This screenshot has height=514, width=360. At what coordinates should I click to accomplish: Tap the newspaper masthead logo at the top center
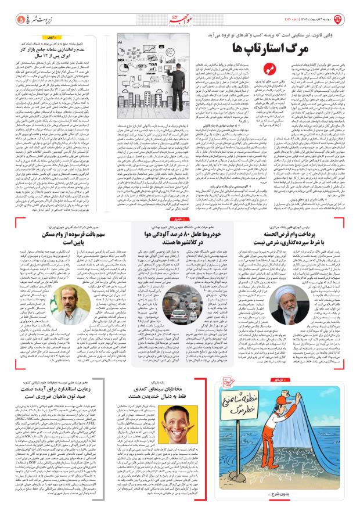(183, 10)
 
